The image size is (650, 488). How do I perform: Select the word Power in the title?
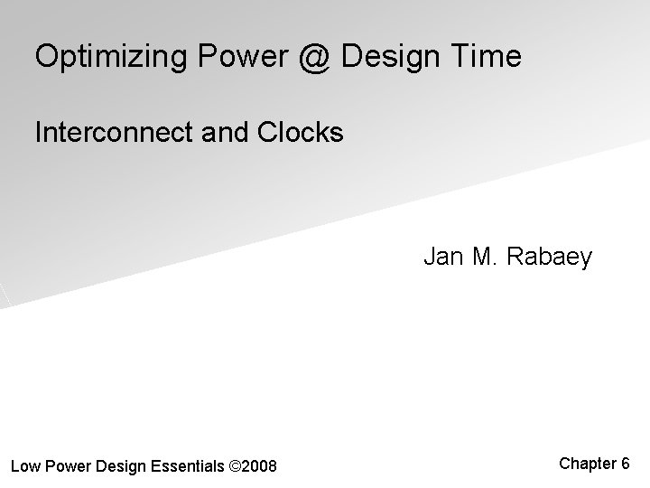point(243,57)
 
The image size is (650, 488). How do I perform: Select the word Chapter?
point(588,464)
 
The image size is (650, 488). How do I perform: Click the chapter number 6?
point(625,464)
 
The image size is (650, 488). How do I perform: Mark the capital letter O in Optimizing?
point(46,57)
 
